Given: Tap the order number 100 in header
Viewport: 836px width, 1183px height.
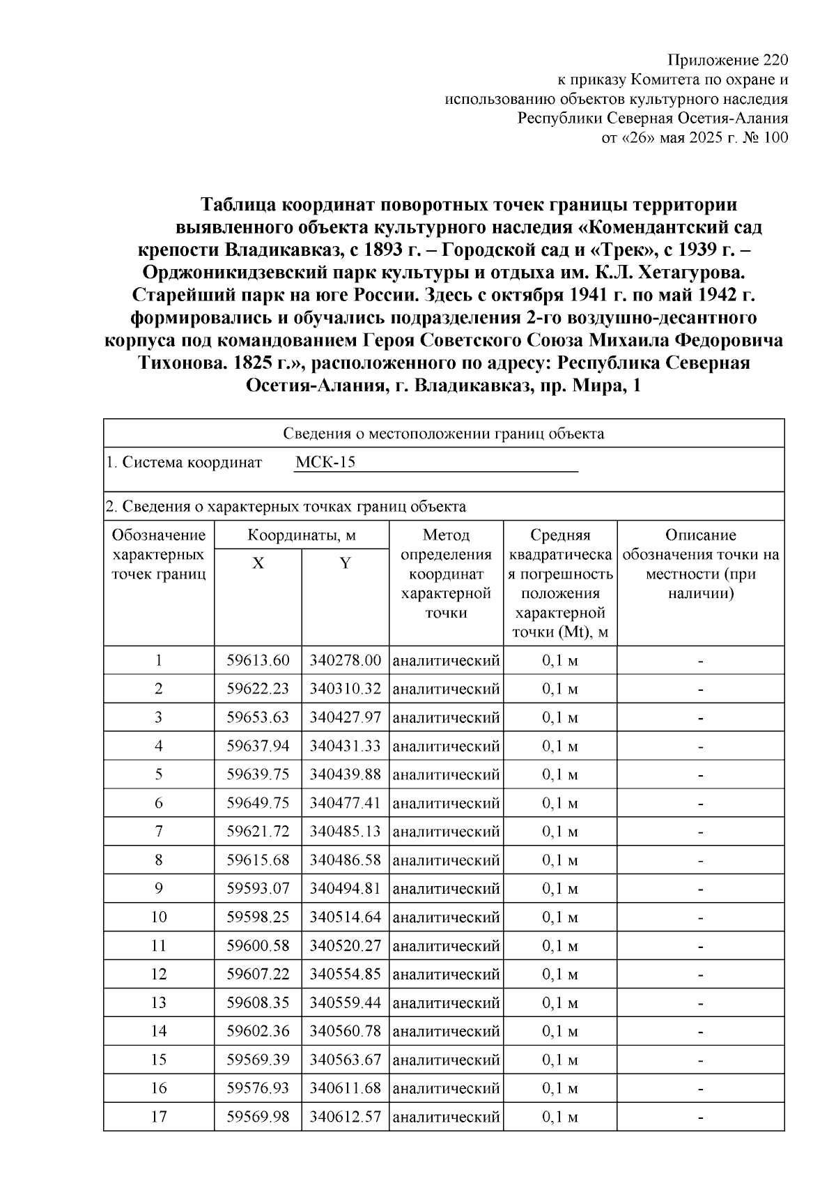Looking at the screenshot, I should (775, 137).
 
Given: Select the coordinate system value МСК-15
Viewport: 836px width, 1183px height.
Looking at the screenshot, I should (325, 462).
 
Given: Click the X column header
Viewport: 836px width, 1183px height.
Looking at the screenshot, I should (258, 563).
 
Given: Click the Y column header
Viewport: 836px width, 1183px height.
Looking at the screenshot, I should (345, 563).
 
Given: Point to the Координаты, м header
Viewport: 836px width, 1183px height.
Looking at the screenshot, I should (302, 535).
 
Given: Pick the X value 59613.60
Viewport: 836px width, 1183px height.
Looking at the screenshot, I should (258, 660).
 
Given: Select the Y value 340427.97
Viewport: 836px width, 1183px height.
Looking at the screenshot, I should (346, 717).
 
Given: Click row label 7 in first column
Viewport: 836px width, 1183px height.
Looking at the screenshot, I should (159, 832).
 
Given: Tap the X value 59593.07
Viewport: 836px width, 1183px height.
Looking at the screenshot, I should (258, 889).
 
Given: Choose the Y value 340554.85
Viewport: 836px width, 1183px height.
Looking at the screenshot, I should (346, 975).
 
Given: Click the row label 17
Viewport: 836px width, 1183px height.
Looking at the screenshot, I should (159, 1117).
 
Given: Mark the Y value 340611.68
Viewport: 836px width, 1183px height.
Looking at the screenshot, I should (346, 1088).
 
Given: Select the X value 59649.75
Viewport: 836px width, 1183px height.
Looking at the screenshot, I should (258, 803).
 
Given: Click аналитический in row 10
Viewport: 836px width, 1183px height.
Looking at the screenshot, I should (446, 917).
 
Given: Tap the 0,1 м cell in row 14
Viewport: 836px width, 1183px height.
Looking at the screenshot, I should (560, 1031).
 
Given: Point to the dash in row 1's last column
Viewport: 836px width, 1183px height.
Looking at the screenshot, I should (701, 660).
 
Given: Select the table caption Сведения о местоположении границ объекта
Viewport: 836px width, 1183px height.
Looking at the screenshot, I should (444, 434).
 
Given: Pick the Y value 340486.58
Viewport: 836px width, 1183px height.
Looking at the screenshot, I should (346, 860).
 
